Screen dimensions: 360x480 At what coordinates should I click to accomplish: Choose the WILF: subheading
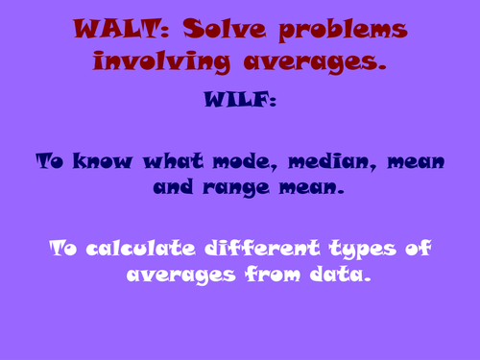click(239, 98)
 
